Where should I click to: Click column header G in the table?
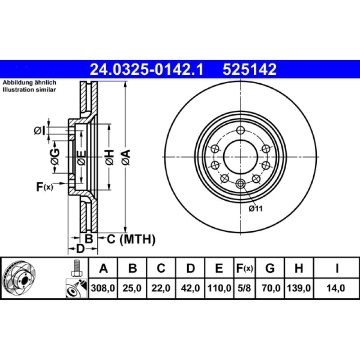click(x=270, y=269)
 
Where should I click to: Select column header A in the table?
click(x=103, y=269)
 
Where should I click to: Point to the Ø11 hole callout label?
click(x=255, y=208)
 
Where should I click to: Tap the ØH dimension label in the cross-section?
click(x=110, y=157)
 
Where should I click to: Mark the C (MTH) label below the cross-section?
click(x=131, y=239)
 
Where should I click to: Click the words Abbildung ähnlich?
click(x=29, y=83)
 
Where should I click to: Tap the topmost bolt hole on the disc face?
click(x=240, y=130)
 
